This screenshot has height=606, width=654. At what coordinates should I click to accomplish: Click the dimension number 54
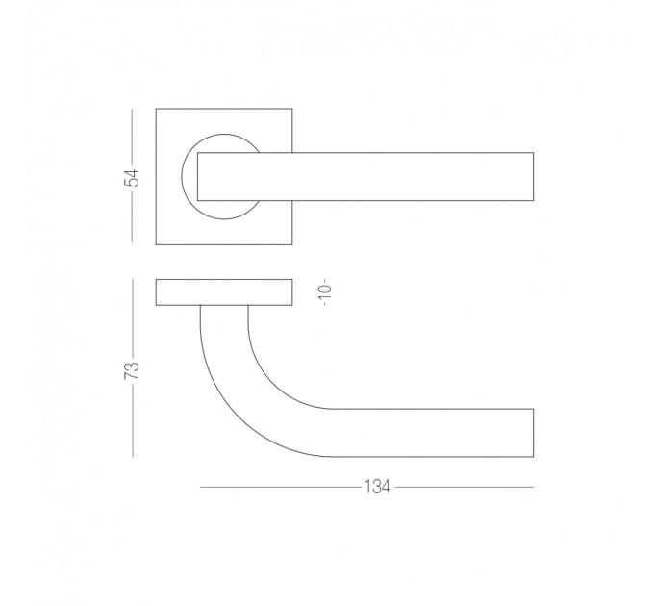point(133,178)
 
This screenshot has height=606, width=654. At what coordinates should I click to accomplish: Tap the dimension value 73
point(132,367)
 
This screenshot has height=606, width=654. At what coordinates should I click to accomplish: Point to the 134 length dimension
point(377,487)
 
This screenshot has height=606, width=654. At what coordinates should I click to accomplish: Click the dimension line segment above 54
point(132,137)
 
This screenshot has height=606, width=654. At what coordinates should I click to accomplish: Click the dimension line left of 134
point(281,487)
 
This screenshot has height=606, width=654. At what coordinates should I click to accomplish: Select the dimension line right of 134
point(465,487)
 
